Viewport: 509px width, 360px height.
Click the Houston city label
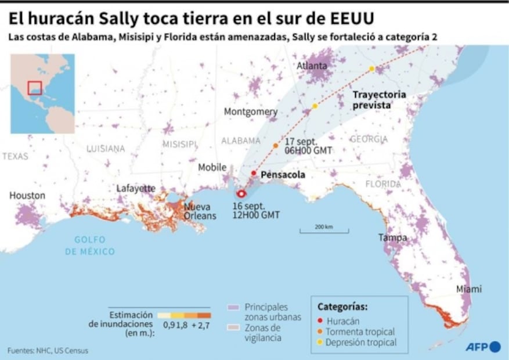click(x=27, y=196)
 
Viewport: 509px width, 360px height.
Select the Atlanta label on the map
click(x=312, y=66)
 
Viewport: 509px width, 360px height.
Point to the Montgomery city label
click(x=251, y=111)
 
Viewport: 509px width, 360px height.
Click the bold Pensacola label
click(x=283, y=174)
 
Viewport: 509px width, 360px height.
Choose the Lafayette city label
click(x=136, y=188)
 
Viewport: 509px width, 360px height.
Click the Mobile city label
click(x=212, y=167)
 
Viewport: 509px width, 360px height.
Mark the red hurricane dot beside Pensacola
click(x=254, y=173)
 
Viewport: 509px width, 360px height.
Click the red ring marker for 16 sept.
click(x=241, y=195)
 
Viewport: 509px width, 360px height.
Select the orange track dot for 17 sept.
click(x=276, y=145)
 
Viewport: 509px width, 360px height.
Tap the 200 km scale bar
click(x=316, y=231)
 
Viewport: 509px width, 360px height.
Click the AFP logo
click(x=482, y=347)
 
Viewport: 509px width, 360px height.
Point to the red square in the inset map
click(x=35, y=88)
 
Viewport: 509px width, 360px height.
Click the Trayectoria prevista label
click(x=379, y=100)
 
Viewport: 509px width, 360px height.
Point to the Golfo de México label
click(x=90, y=246)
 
